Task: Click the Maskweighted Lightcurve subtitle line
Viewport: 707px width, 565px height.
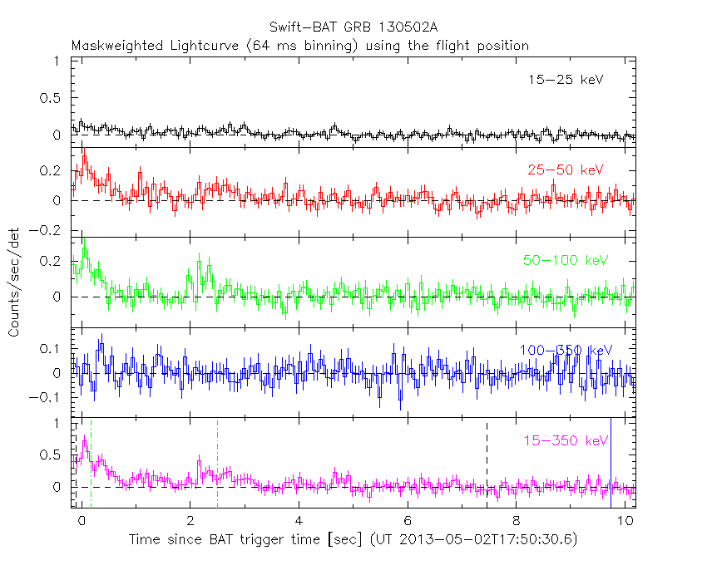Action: click(x=299, y=46)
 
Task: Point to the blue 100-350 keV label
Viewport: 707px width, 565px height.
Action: click(x=566, y=350)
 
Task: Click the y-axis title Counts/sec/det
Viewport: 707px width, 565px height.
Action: click(x=14, y=282)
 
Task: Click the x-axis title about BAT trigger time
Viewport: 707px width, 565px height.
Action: click(x=353, y=539)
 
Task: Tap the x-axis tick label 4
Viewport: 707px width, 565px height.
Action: click(x=299, y=521)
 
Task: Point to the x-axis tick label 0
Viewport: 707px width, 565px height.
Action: click(x=82, y=521)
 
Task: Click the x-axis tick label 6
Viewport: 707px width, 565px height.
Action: click(x=408, y=521)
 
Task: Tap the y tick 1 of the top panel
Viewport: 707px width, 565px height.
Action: click(x=54, y=61)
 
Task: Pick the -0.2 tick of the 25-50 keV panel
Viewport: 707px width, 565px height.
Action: click(x=47, y=231)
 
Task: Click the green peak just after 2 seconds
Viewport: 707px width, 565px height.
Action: click(x=200, y=260)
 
